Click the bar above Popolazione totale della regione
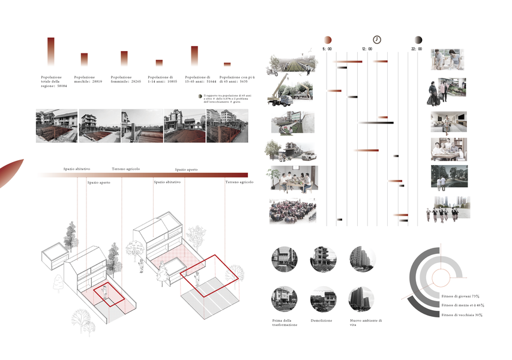pyautogui.click(x=51, y=51)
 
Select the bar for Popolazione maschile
pyautogui.click(x=84, y=59)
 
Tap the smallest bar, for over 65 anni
pyautogui.click(x=227, y=64)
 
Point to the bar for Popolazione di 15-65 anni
pyautogui.click(x=194, y=55)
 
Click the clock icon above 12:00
pyautogui.click(x=377, y=40)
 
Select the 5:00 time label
pyautogui.click(x=327, y=49)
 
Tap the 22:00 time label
pyautogui.click(x=417, y=49)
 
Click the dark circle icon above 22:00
pyautogui.click(x=418, y=40)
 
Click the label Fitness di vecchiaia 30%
pyautogui.click(x=462, y=314)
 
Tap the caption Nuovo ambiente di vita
pyautogui.click(x=365, y=323)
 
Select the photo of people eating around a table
pyautogui.click(x=294, y=178)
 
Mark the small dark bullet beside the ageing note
pyautogui.click(x=200, y=96)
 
